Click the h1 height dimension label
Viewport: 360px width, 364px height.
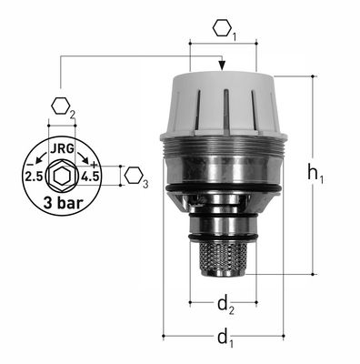pos(315,175)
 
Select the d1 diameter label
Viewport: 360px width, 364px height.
pos(225,339)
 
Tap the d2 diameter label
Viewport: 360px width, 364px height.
pos(225,305)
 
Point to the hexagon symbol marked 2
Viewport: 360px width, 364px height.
pos(61,106)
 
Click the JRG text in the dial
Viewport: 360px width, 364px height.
pos(62,149)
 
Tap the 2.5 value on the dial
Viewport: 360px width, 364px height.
pos(34,177)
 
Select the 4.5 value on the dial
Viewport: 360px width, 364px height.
pos(90,177)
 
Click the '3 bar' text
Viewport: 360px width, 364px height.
pos(63,203)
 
